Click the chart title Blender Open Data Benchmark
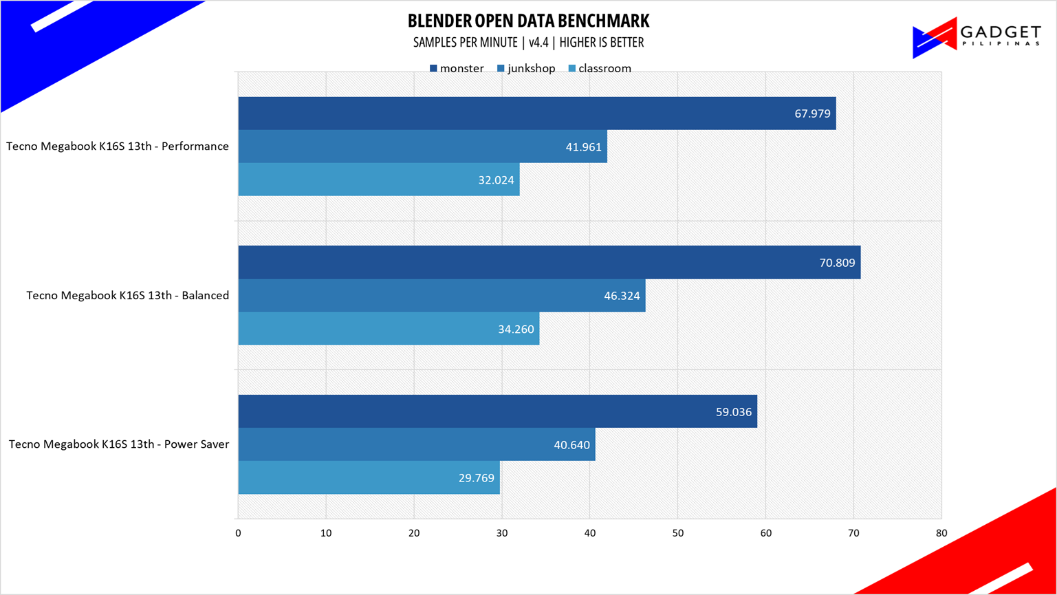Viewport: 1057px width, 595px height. point(528,21)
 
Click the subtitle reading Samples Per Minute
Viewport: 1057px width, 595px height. point(528,43)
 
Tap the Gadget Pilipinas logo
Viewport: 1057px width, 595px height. point(976,38)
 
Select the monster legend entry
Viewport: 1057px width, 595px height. point(457,68)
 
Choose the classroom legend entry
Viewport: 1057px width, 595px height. point(600,68)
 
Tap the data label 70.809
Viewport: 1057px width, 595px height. point(837,263)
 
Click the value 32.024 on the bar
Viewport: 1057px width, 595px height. point(496,180)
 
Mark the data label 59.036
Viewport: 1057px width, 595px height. point(733,413)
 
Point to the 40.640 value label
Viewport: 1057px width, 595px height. point(571,445)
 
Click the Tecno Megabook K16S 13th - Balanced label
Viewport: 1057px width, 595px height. point(128,296)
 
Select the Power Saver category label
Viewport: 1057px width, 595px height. point(119,444)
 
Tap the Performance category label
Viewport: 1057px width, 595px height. point(118,147)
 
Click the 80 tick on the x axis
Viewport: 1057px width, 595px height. point(941,533)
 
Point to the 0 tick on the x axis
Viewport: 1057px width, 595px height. point(238,533)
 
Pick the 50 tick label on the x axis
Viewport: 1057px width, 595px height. point(677,533)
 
